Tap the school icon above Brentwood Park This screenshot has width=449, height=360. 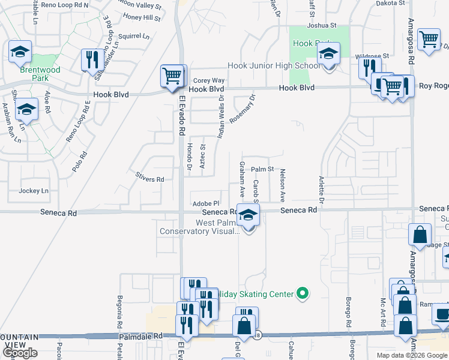(20, 52)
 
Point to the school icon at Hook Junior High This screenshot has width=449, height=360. (328, 55)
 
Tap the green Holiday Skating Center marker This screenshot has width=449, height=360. (303, 293)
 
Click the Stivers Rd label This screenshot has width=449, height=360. (149, 179)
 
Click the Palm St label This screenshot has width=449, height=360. (262, 170)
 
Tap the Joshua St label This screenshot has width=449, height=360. (322, 26)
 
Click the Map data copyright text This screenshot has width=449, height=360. (412, 355)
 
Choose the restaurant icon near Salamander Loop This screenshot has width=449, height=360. (92, 59)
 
